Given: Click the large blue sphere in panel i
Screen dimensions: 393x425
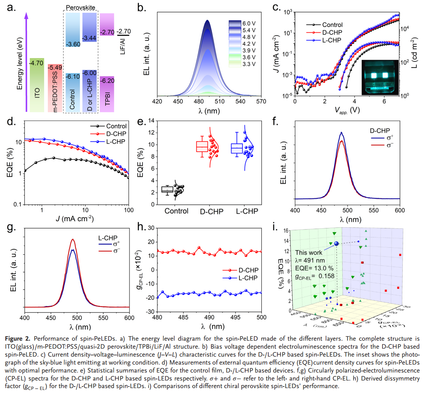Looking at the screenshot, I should pos(335,244).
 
